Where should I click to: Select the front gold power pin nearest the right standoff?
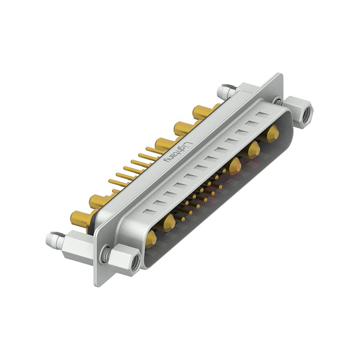coord(272,134)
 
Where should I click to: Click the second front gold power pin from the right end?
coord(254,149)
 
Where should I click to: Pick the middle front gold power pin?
coord(234,166)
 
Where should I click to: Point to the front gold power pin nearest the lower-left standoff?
coord(151,238)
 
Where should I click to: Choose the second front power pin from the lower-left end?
coord(169,222)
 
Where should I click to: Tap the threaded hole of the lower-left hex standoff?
coord(135,266)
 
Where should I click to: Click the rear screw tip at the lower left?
coord(50,240)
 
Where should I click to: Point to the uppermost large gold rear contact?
coord(201,112)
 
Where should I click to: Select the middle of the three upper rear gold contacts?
coord(182,128)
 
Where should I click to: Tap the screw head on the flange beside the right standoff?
coord(278,101)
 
